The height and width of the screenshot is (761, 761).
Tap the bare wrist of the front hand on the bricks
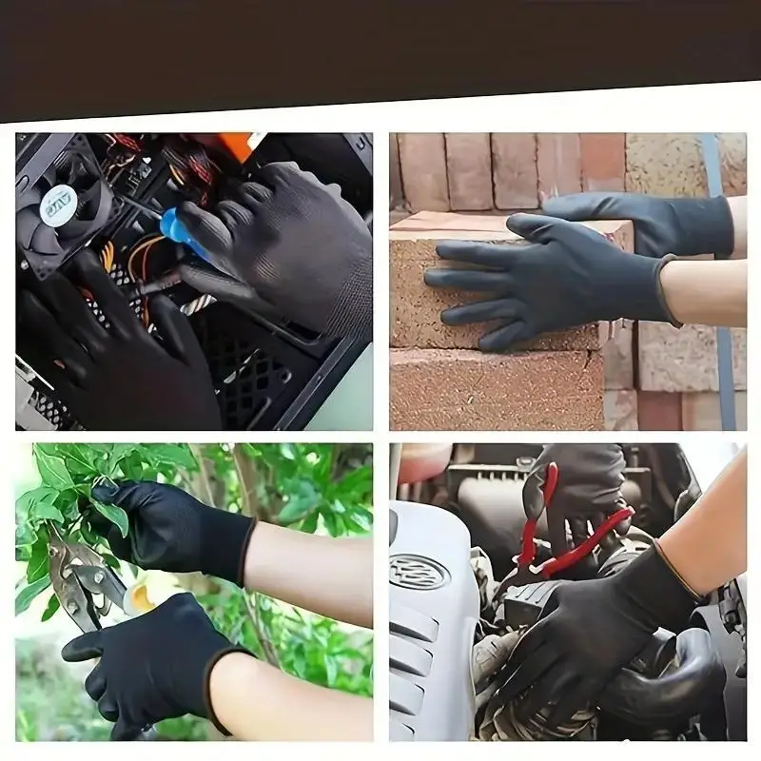coord(704,290)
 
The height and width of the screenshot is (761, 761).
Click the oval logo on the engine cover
coord(419,571)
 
